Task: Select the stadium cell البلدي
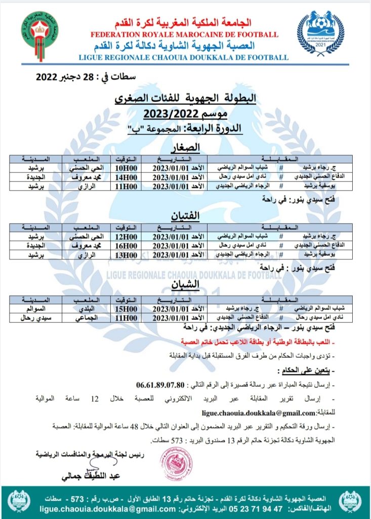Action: (83, 309)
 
